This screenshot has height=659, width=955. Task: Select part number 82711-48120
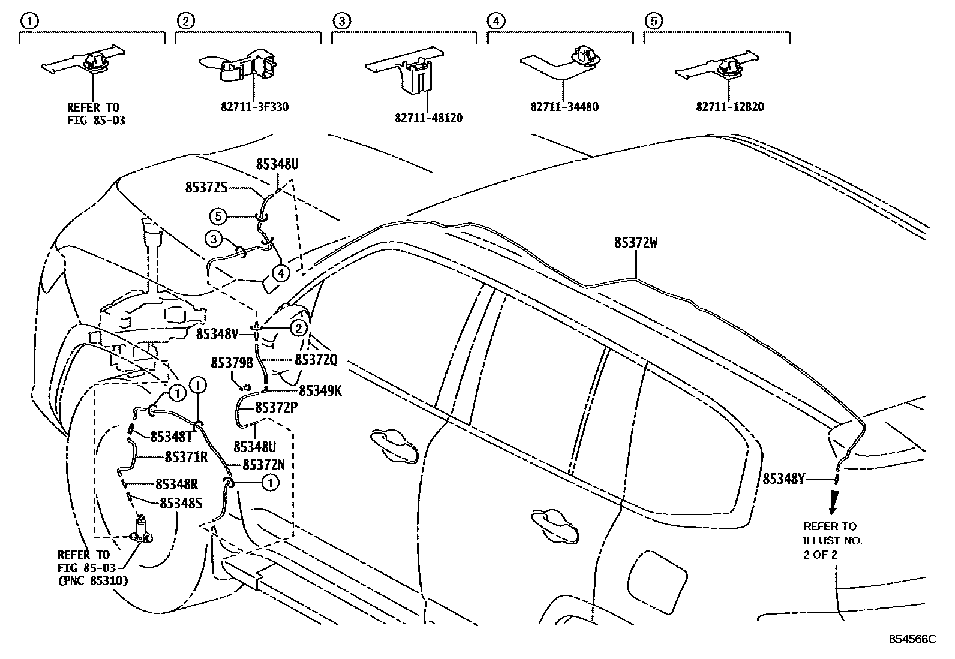(428, 118)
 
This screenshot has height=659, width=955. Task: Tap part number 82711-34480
(564, 107)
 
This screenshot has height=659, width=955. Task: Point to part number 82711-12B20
(730, 107)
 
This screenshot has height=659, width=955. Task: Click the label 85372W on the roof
(636, 243)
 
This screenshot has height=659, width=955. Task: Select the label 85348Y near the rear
(783, 479)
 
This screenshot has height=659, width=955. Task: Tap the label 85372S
(206, 188)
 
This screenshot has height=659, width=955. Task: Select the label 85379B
(232, 363)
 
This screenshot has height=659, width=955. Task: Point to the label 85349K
(320, 391)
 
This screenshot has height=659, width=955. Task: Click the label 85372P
(277, 407)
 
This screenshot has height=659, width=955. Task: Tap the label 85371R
(186, 457)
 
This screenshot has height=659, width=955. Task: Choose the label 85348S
(181, 504)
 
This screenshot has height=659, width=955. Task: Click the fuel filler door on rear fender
(653, 576)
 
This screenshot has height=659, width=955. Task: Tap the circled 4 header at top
(495, 21)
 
